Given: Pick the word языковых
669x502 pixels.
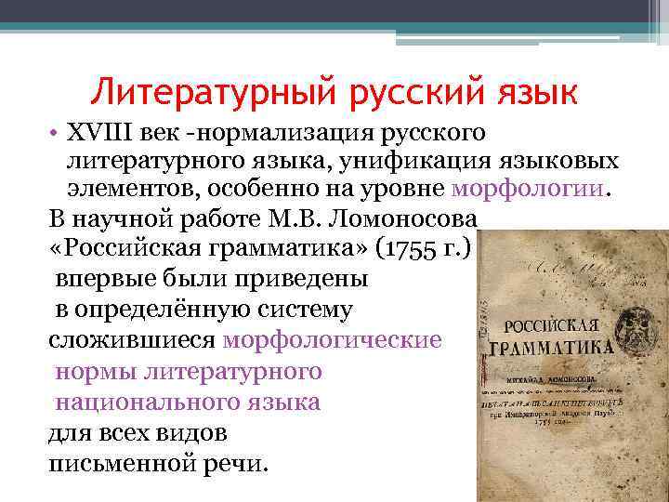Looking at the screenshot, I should [560, 161].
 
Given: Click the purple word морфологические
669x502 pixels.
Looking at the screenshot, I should [333, 339].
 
